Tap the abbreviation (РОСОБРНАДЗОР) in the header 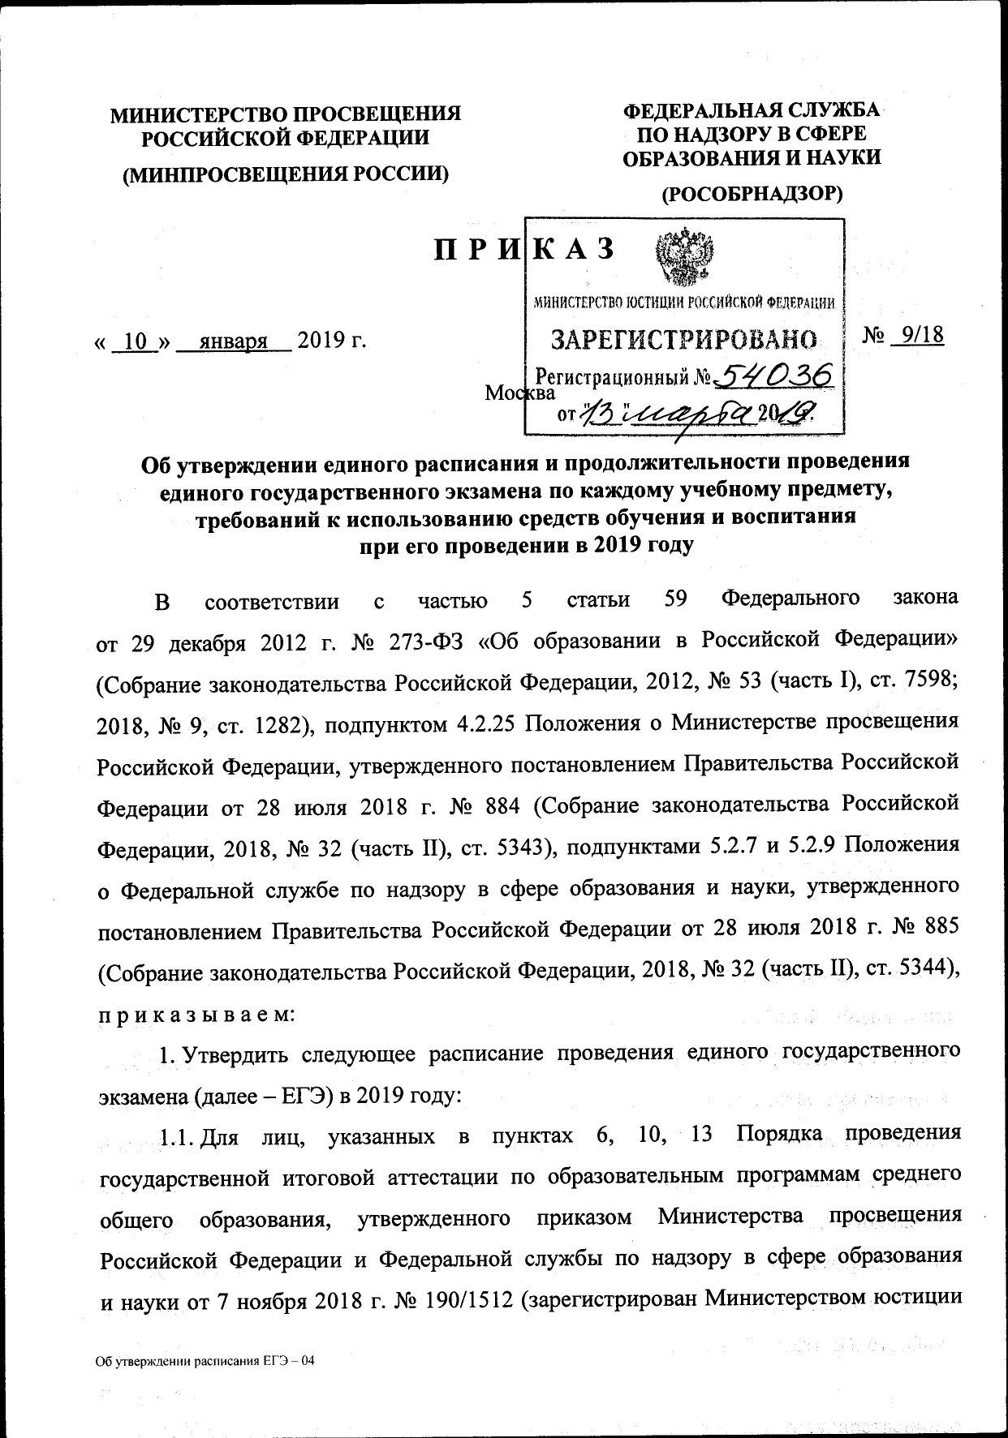coord(752,193)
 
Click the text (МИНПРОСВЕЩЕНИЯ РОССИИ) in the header coord(285,174)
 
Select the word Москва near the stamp coord(519,393)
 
